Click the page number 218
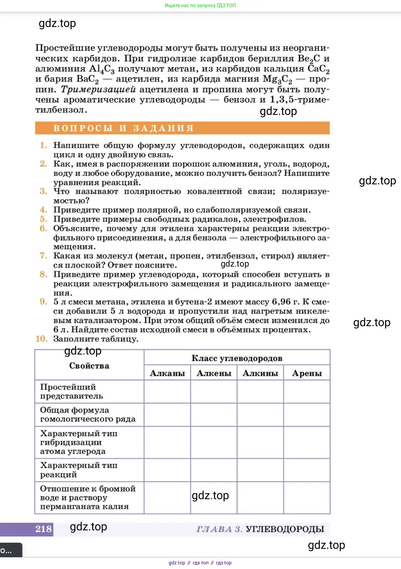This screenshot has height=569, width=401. [x=44, y=529]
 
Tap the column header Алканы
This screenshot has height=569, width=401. [x=167, y=373]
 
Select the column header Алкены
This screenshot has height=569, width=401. [x=214, y=373]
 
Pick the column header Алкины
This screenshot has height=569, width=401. [x=260, y=373]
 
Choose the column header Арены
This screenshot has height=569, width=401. [x=307, y=373]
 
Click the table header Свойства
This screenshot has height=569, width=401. [x=89, y=366]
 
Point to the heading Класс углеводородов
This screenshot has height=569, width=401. [x=237, y=358]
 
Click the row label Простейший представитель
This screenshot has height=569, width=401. [x=71, y=391]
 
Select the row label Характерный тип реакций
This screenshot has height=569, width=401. [x=78, y=470]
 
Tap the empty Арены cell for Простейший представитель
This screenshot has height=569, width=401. [x=307, y=392]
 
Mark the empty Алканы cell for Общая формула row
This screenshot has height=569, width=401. [x=167, y=415]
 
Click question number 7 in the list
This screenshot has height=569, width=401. [x=43, y=256]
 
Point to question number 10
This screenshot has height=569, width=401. [x=41, y=339]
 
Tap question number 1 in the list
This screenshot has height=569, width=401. [x=43, y=145]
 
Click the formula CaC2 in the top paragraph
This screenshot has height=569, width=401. [x=318, y=69]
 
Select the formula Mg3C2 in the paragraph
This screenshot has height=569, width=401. [x=277, y=79]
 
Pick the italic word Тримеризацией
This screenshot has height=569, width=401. [x=98, y=89]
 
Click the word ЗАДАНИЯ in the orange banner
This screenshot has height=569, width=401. [x=163, y=128]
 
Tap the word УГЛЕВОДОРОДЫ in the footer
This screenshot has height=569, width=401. [x=285, y=529]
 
